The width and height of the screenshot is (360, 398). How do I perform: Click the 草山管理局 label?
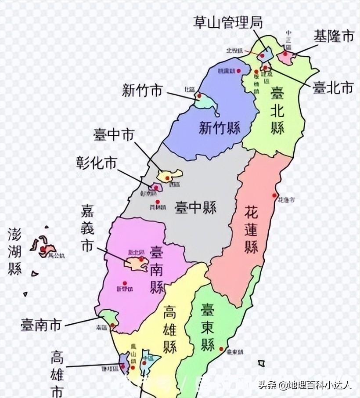click(x=228, y=22)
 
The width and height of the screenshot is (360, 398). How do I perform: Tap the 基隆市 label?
click(x=334, y=37)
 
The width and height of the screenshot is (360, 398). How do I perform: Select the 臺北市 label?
click(x=333, y=87)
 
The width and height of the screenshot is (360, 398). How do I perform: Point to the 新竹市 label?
click(x=142, y=91)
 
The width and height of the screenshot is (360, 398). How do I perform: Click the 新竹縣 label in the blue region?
click(x=220, y=128)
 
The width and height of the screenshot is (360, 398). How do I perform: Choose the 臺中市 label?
click(x=114, y=135)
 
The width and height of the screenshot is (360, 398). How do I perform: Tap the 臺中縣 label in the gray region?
click(x=195, y=208)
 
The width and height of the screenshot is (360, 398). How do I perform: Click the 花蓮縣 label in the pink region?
click(x=251, y=228)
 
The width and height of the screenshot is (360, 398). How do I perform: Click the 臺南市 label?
click(x=41, y=326)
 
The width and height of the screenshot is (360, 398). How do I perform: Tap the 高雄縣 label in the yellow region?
click(x=169, y=329)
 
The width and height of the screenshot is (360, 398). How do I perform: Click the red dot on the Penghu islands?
click(x=43, y=249)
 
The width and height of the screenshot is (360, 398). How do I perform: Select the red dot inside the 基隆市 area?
click(x=286, y=54)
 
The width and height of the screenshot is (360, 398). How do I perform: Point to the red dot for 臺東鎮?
click(x=221, y=349)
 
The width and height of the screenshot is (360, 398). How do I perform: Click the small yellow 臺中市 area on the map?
click(x=170, y=176)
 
